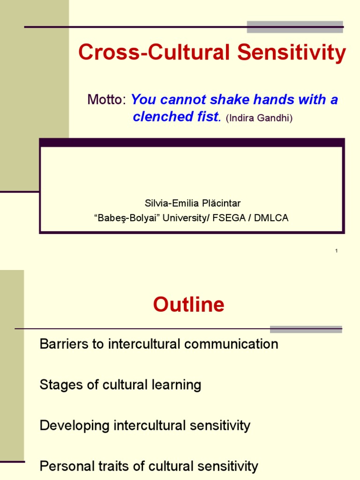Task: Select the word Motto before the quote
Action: click(x=106, y=100)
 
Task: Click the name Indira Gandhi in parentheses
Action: click(x=259, y=118)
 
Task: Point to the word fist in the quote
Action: click(x=207, y=117)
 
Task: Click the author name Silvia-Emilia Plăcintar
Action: click(x=192, y=203)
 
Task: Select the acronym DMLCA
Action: click(x=272, y=217)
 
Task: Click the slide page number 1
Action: click(x=337, y=251)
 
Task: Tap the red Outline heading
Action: click(x=188, y=305)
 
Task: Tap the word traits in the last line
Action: click(x=105, y=466)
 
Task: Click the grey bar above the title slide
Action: click(x=295, y=27)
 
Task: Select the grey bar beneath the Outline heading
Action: click(x=306, y=329)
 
